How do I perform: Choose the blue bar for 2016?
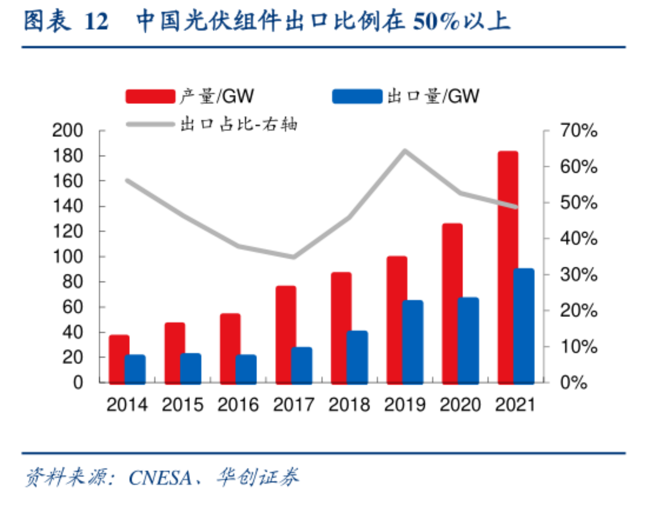point(246,369)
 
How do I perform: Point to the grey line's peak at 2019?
point(405,151)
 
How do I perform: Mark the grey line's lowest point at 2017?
point(294,257)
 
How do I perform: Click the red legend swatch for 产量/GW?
point(150,97)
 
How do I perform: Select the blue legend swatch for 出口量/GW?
point(357,97)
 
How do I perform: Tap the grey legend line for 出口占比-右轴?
point(150,124)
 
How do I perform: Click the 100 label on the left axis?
point(68,257)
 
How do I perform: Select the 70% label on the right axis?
point(579,131)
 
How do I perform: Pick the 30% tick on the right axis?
point(579,275)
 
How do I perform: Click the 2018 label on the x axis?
point(349,404)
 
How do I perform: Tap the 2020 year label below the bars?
point(460,404)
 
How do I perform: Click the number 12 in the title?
point(96,22)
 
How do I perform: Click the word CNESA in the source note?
point(160,478)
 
